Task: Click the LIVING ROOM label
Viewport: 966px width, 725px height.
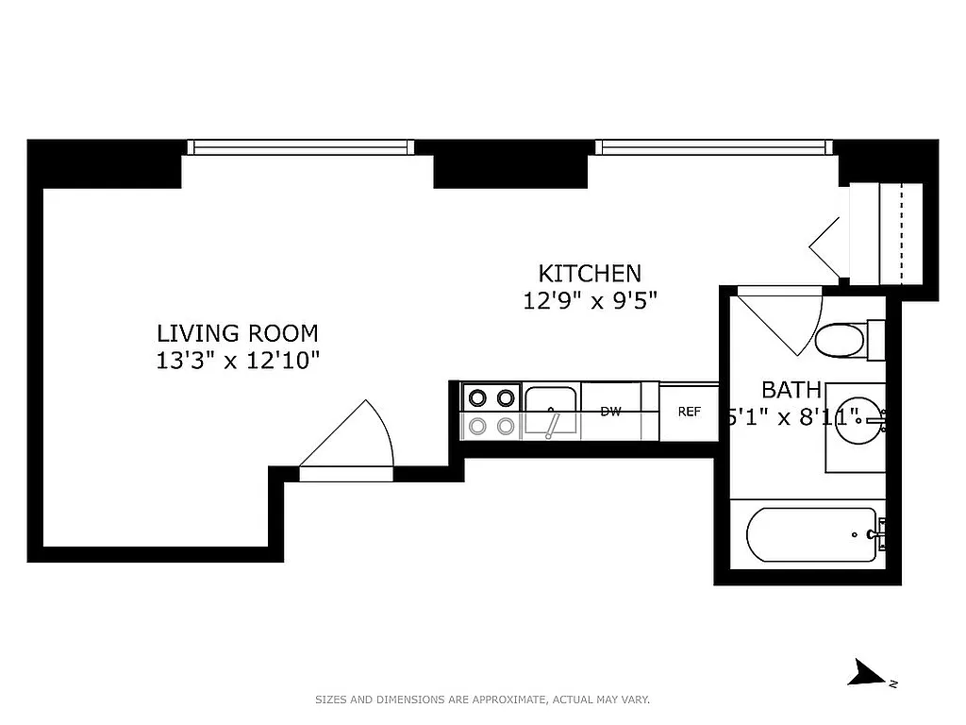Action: coord(237,333)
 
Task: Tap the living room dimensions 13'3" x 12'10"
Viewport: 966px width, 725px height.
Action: coord(239,360)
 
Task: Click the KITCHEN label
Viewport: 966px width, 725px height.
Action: coord(590,274)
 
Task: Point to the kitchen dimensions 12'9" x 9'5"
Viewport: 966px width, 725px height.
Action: coord(590,300)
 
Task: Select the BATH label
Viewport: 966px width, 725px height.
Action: coord(791,390)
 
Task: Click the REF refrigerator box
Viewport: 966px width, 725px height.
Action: coord(689,412)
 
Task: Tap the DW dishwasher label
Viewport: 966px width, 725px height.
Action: coord(610,412)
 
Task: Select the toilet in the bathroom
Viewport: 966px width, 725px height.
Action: coord(842,340)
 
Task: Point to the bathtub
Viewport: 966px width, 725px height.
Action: coord(812,534)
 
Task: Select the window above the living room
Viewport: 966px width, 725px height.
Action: coord(300,147)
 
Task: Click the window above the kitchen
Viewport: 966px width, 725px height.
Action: coord(714,147)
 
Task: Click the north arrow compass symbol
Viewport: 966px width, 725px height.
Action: coord(866,673)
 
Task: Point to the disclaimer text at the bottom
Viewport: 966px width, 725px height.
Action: coord(482,700)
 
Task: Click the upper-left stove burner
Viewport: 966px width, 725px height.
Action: coord(477,397)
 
